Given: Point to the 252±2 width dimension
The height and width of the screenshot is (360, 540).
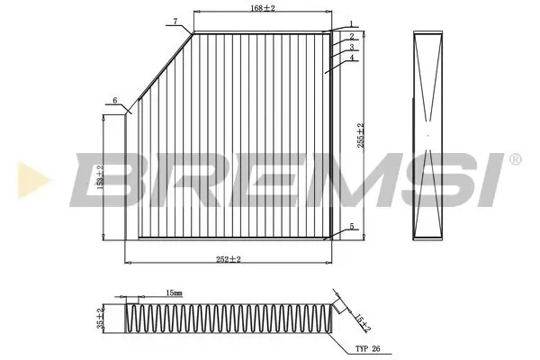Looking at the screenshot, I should click(229, 259).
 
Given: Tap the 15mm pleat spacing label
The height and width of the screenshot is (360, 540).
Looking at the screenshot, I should click(175, 293).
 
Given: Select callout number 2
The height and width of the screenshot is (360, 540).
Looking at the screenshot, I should click(352, 36).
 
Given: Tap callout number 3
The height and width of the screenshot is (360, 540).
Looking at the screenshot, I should click(353, 47).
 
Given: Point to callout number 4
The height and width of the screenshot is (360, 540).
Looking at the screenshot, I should click(353, 58).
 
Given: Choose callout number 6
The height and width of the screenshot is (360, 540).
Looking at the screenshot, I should click(115, 100).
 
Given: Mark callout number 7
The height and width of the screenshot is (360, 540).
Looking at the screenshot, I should click(175, 21).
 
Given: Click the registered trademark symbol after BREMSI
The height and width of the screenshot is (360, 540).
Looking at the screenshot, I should click(514, 159).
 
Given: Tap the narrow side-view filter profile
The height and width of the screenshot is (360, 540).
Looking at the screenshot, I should click(429, 135).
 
